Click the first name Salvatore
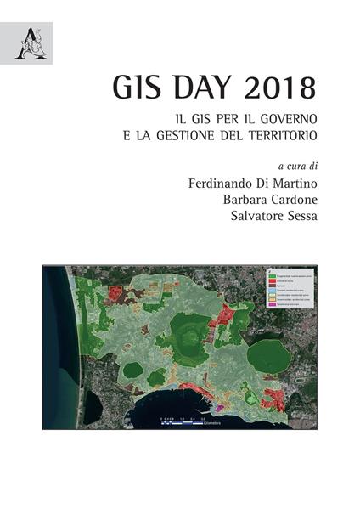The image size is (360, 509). (x=247, y=218)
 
